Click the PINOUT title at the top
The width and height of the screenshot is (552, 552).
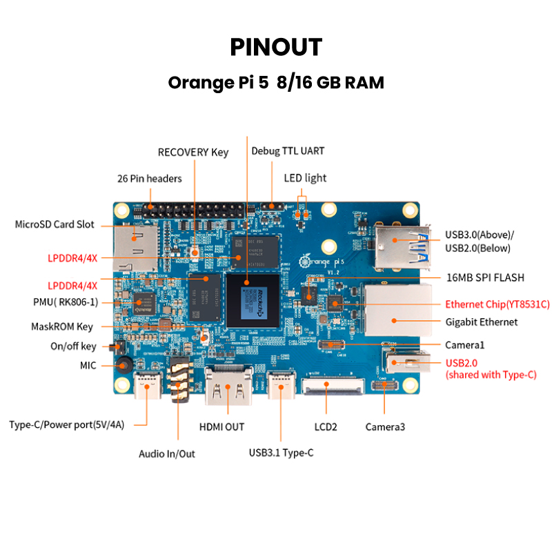pos(276,47)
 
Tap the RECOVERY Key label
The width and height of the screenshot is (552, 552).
pos(193,152)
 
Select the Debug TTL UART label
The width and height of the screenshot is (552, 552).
pos(288,150)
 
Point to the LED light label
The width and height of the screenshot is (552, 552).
pos(305,178)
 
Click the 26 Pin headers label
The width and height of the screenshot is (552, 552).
pos(150,178)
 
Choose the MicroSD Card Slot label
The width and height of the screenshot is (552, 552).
pos(55,224)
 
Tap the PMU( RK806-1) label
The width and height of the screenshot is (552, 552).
pos(66,302)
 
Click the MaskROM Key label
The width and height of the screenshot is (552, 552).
pos(62,326)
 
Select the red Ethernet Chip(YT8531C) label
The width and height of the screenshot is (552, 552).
pos(497,304)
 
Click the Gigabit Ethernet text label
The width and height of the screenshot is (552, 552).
pos(481,322)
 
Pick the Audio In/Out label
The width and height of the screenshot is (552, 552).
pos(167,453)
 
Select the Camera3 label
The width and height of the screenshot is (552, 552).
pos(385,427)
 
